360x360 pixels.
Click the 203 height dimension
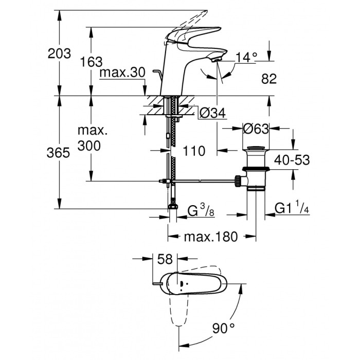pyautogui.click(x=58, y=53)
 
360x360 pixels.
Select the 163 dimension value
pyautogui.click(x=91, y=62)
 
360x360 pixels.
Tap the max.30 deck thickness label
pyautogui.click(x=122, y=73)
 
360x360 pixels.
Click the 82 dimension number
pyautogui.click(x=269, y=79)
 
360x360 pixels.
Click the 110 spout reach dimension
pyautogui.click(x=194, y=151)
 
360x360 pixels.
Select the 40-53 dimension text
pyautogui.click(x=292, y=160)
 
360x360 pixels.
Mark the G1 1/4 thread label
pyautogui.click(x=291, y=208)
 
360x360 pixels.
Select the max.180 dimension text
pyautogui.click(x=211, y=237)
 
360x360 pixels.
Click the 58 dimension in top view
pyautogui.click(x=165, y=259)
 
